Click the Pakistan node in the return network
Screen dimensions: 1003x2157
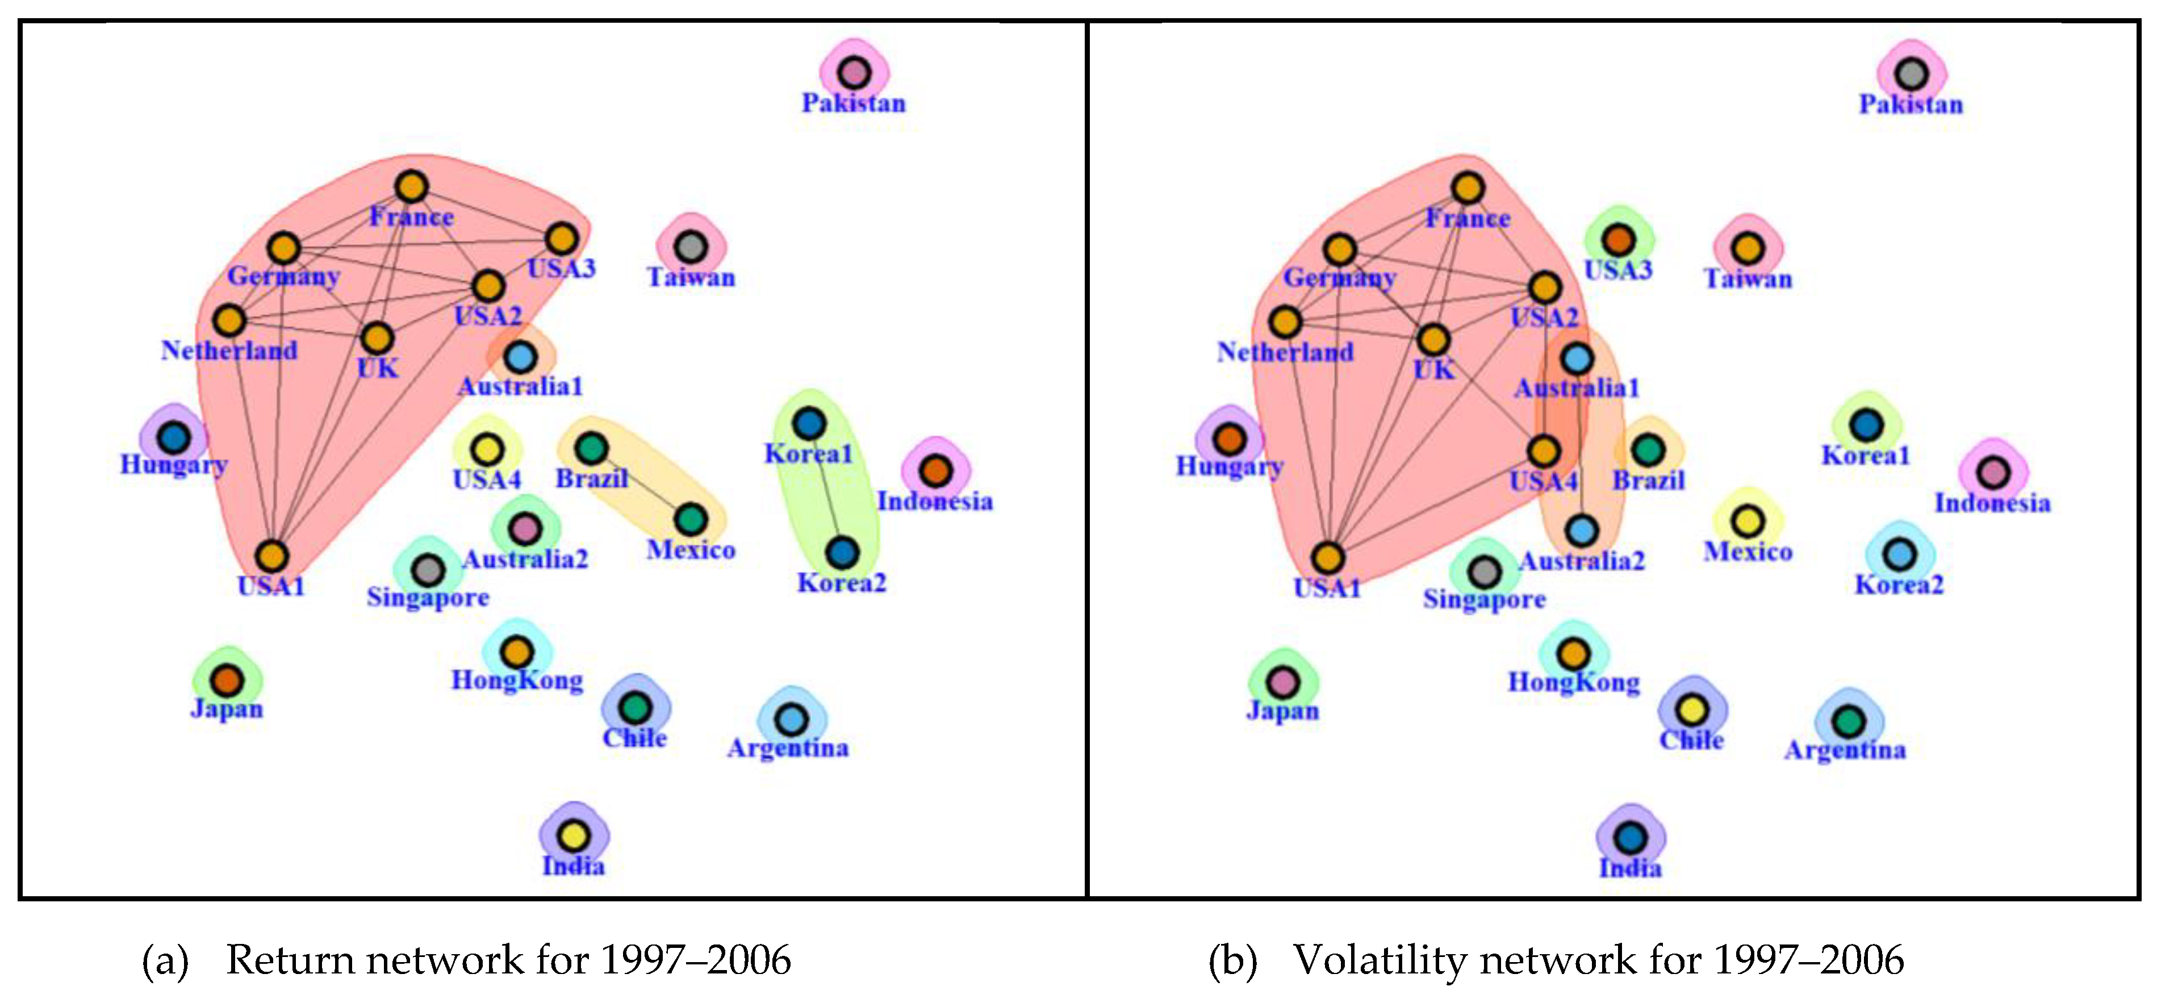[x=853, y=73]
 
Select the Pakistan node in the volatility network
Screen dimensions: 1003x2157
[x=1911, y=74]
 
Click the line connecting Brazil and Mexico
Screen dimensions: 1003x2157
[x=641, y=485]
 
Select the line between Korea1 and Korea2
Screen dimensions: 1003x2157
[x=825, y=487]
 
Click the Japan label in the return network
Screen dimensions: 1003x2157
[x=226, y=709]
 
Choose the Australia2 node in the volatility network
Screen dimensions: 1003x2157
[x=1582, y=530]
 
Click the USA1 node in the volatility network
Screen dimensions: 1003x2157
[x=1327, y=558]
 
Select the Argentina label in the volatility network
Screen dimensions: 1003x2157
[x=1845, y=749]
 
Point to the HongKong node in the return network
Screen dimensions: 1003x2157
[x=517, y=651]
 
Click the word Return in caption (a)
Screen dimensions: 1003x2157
[x=289, y=959]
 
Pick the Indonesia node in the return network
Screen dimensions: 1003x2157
[x=935, y=470]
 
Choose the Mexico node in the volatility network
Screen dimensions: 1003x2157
[x=1748, y=521]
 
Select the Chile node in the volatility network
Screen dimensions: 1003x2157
[x=1691, y=710]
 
